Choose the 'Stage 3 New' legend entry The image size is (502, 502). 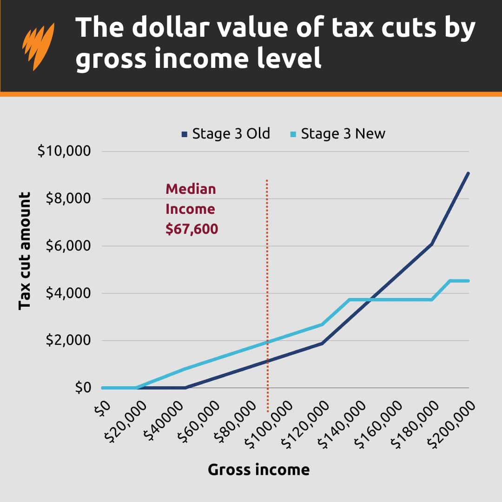(338, 134)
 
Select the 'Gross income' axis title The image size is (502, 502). (258, 469)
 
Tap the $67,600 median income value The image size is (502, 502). (192, 229)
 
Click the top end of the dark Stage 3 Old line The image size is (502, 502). (468, 173)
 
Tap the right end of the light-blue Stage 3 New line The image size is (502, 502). (468, 281)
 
